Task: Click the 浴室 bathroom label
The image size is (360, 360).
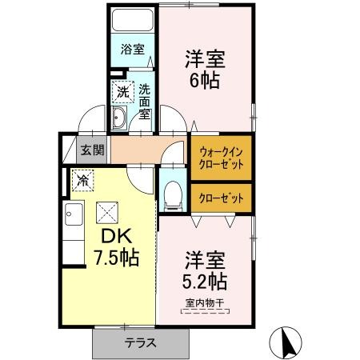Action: (x=133, y=49)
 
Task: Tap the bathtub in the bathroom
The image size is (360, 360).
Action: (x=133, y=21)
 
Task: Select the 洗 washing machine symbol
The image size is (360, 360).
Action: (x=123, y=91)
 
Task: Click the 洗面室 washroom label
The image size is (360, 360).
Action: (x=144, y=102)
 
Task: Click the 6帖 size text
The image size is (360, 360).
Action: (x=206, y=81)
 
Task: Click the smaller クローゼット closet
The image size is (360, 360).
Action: (x=221, y=198)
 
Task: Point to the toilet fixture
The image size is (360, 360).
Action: (x=172, y=192)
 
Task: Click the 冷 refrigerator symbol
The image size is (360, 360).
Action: (x=82, y=180)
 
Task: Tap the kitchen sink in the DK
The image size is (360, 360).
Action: (x=73, y=215)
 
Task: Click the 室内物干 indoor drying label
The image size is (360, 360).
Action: (x=205, y=302)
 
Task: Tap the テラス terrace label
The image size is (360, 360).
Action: (x=140, y=343)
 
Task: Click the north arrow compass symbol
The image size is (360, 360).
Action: (x=286, y=343)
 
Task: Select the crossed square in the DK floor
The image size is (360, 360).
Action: (x=106, y=212)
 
